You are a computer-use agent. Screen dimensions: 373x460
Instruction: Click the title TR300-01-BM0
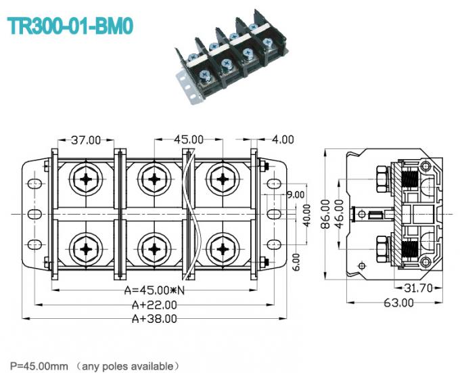click(x=70, y=26)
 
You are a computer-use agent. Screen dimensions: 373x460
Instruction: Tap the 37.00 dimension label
click(x=86, y=140)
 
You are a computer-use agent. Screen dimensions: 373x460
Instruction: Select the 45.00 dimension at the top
click(x=189, y=139)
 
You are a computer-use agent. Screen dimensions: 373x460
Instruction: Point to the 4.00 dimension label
click(x=282, y=139)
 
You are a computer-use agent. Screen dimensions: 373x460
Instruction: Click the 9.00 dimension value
click(x=296, y=194)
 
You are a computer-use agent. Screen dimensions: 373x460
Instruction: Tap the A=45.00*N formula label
click(x=154, y=291)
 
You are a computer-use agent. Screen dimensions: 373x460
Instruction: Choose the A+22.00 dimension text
click(x=154, y=305)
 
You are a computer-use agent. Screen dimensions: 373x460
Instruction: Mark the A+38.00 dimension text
click(x=154, y=318)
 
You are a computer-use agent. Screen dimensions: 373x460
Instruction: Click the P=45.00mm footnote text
click(x=39, y=366)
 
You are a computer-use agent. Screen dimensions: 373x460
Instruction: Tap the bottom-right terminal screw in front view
click(x=221, y=248)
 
